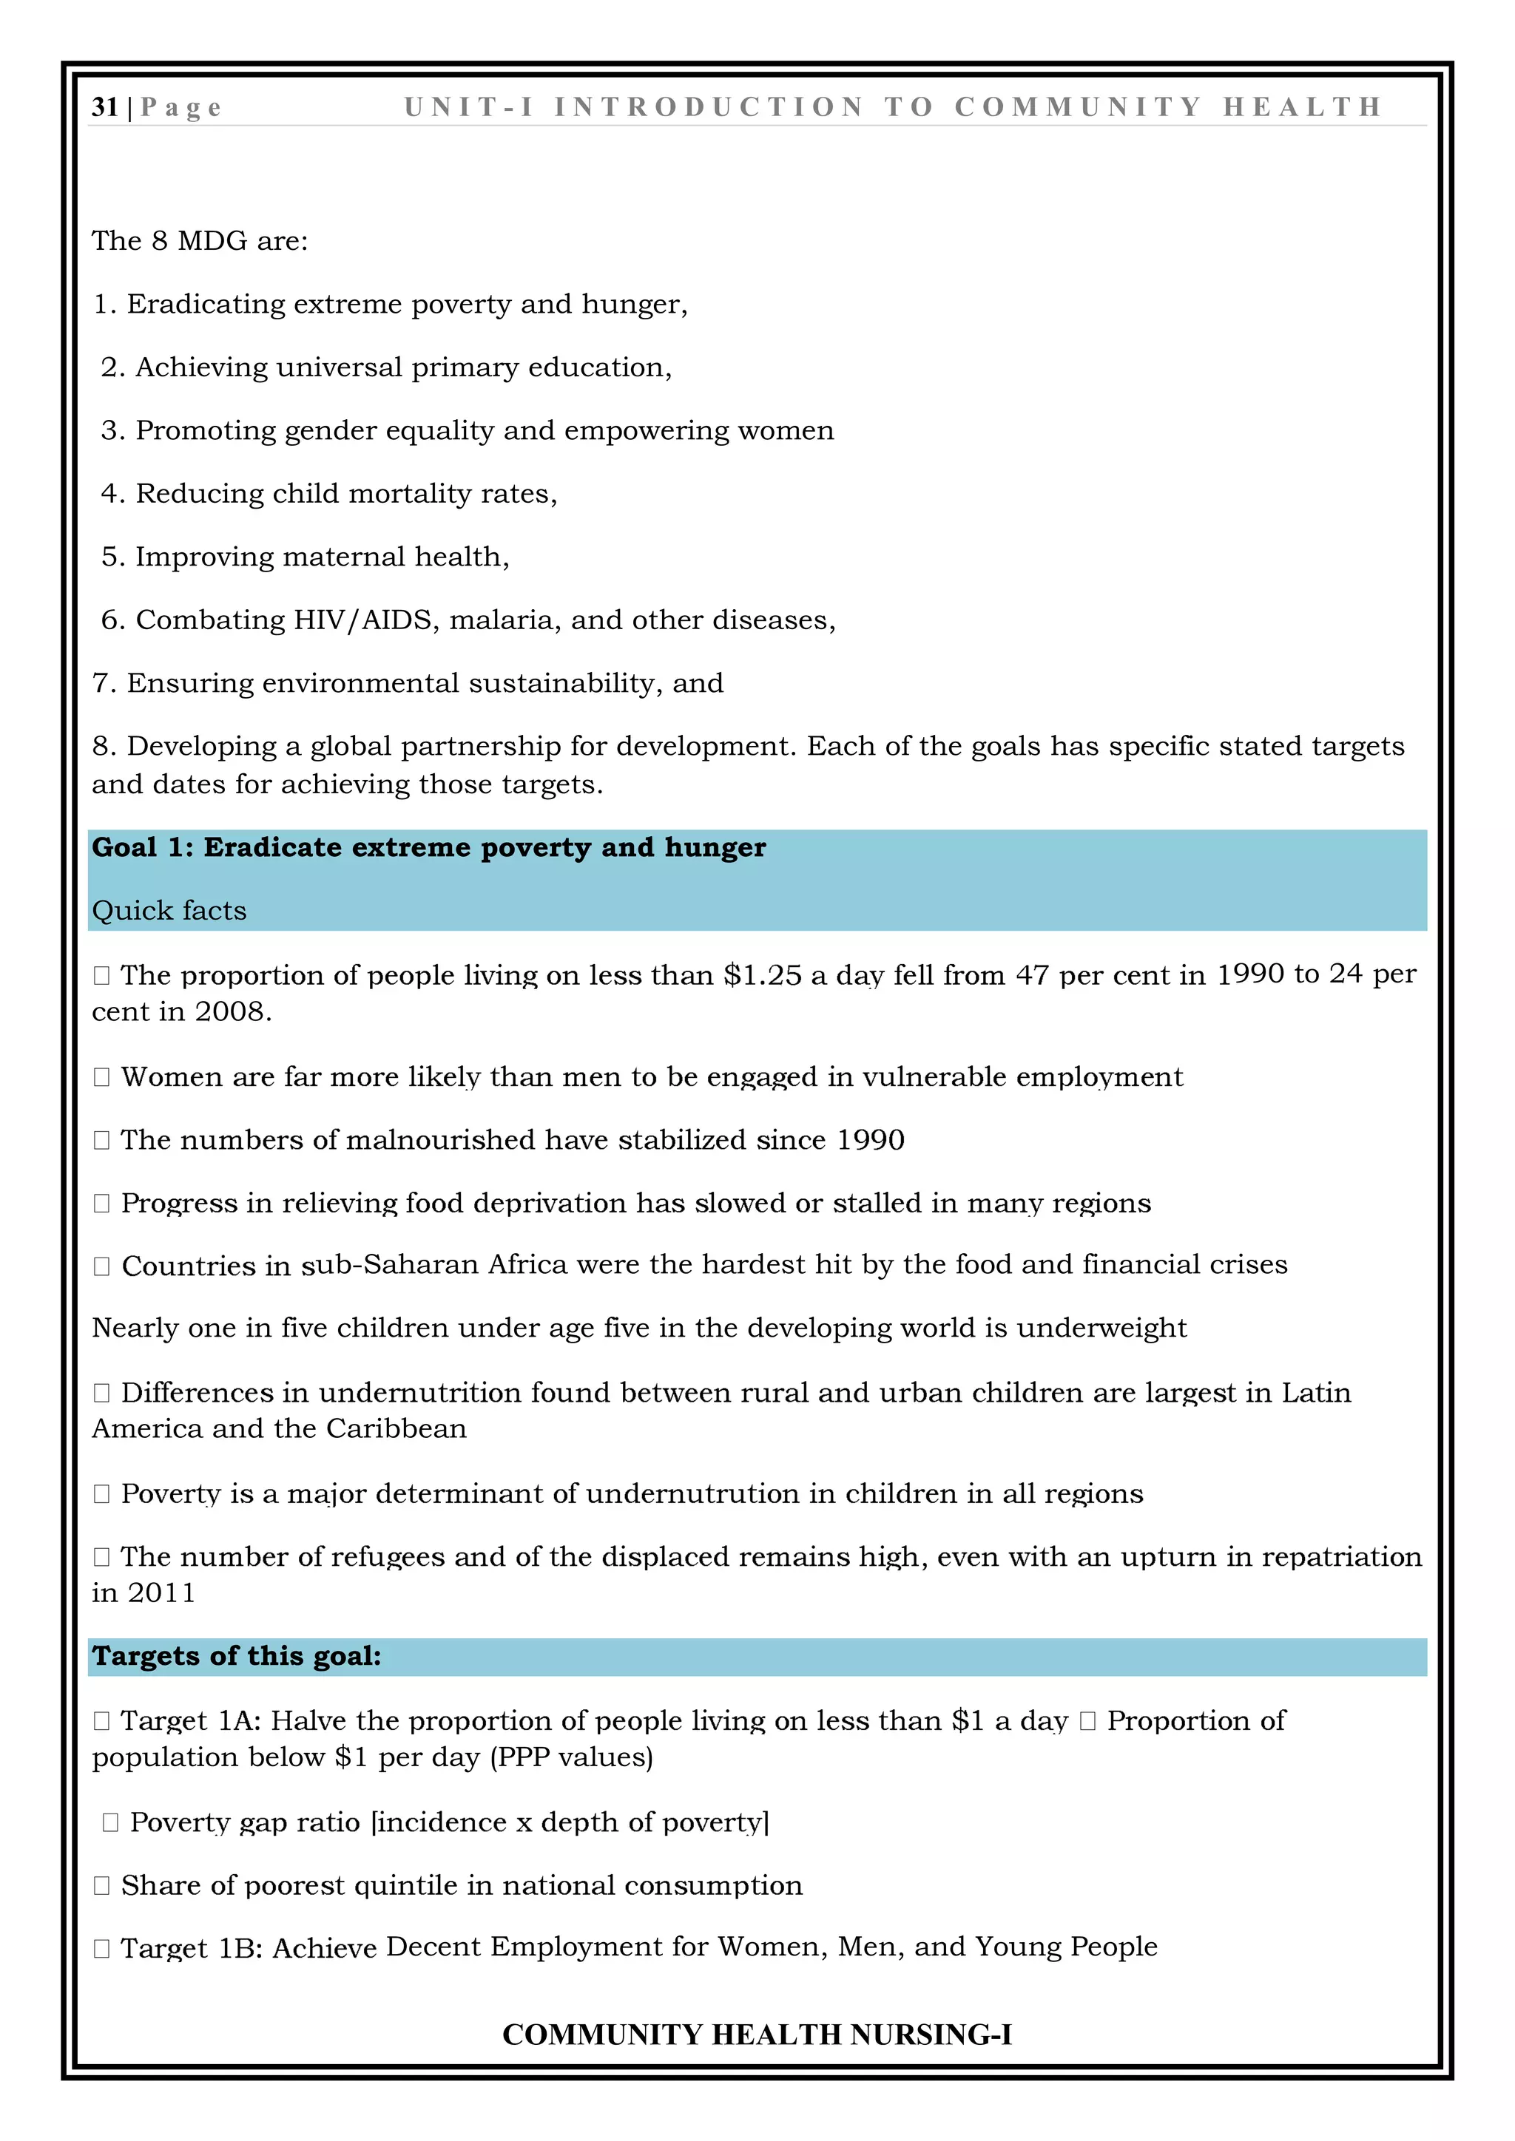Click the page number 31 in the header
pyautogui.click(x=104, y=107)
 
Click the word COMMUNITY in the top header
pyautogui.click(x=1078, y=107)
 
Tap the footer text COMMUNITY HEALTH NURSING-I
pyautogui.click(x=757, y=2034)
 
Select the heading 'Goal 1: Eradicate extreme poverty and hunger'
pyautogui.click(x=428, y=848)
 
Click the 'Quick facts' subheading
pyautogui.click(x=169, y=911)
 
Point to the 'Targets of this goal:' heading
pyautogui.click(x=236, y=1656)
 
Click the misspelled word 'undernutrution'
pyautogui.click(x=692, y=1494)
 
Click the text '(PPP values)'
pyautogui.click(x=571, y=1758)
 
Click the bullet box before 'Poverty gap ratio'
pyautogui.click(x=110, y=1823)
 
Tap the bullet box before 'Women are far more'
pyautogui.click(x=101, y=1077)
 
